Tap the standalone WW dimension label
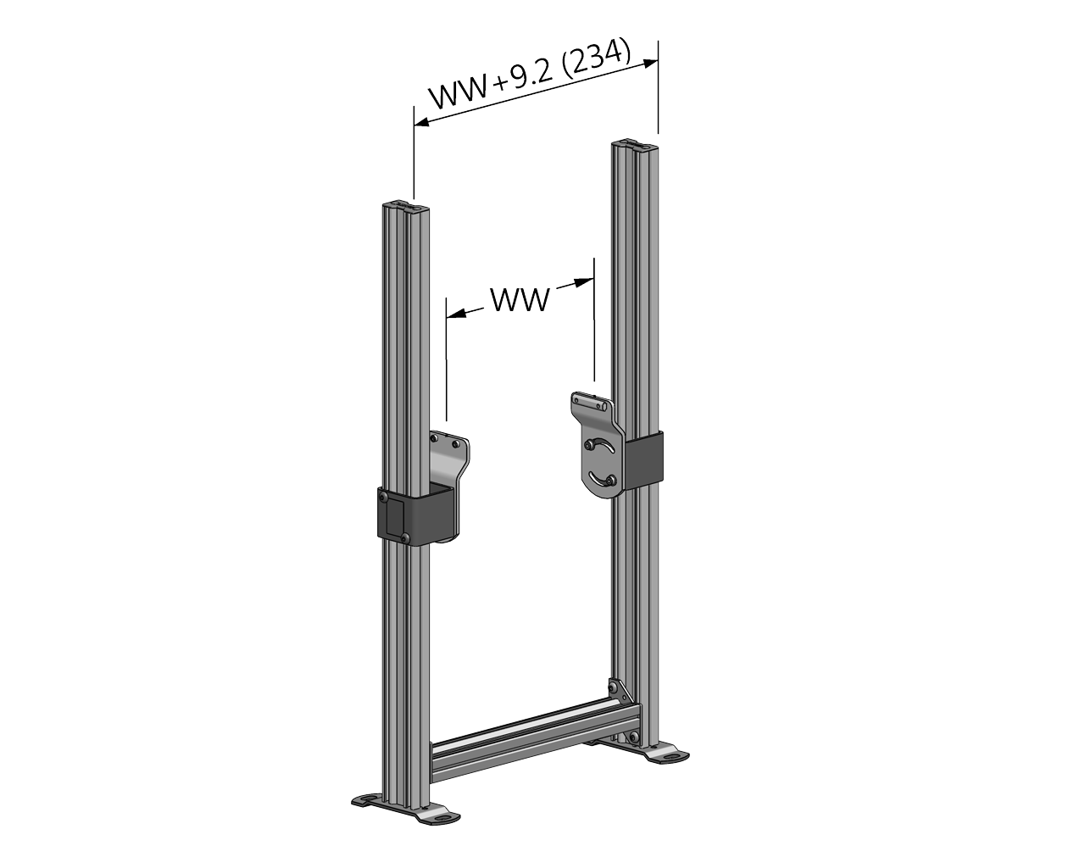pyautogui.click(x=520, y=299)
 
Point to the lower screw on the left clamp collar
pyautogui.click(x=408, y=537)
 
